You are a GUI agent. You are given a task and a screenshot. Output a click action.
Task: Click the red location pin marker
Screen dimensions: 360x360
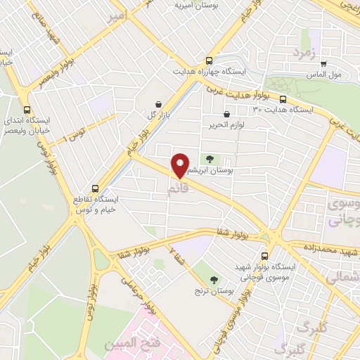point(180,166)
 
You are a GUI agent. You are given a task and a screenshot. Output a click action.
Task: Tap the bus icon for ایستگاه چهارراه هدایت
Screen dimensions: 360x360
point(208,60)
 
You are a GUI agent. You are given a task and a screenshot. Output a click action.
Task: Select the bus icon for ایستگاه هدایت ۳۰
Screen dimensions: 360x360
point(283,100)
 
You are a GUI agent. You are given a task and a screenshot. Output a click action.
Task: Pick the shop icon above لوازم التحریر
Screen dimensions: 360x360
point(226,114)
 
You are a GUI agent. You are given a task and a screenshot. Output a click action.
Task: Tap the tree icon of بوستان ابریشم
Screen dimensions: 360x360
point(208,159)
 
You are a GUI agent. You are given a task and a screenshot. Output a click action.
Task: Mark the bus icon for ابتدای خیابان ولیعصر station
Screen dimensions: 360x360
point(27,110)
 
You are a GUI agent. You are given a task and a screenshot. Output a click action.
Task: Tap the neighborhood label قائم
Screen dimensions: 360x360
point(178,189)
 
